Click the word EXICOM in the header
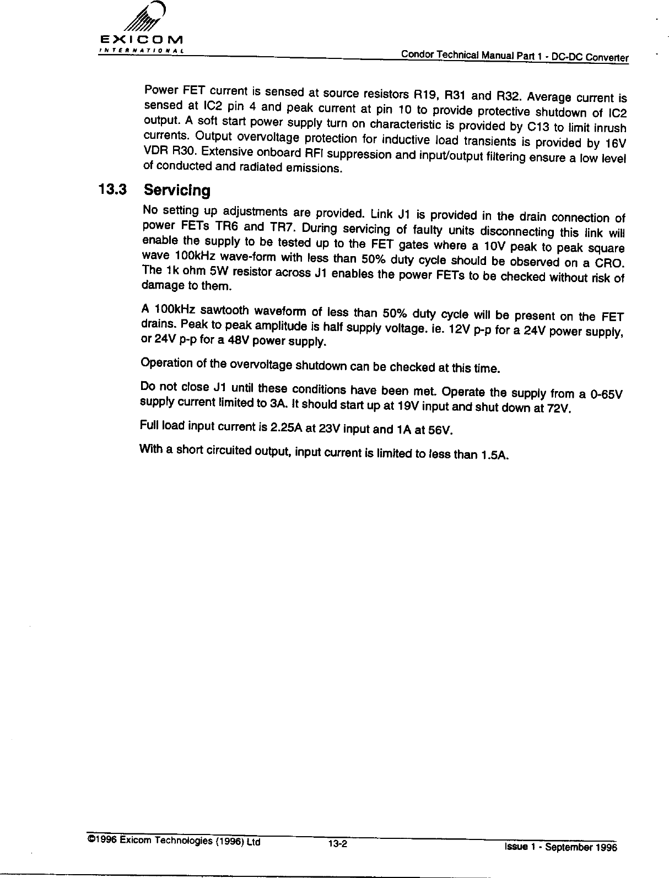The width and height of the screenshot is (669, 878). click(142, 40)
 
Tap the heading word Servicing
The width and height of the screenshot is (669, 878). click(176, 191)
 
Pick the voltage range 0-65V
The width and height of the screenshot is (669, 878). click(605, 395)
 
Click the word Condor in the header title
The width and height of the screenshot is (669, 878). click(414, 54)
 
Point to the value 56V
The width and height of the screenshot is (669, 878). click(440, 430)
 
